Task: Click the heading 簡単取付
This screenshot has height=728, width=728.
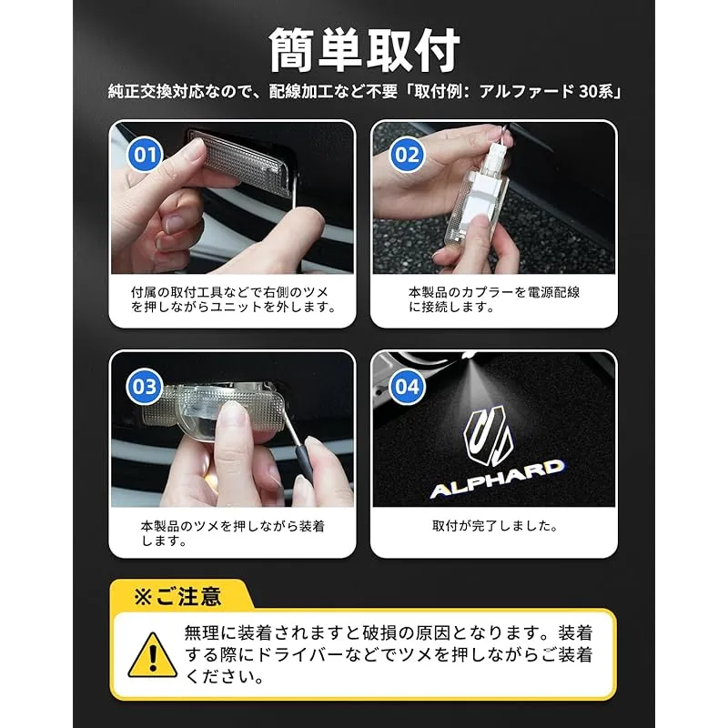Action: [365, 50]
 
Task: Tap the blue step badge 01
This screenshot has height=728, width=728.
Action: [146, 154]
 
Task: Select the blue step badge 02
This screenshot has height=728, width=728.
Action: [407, 154]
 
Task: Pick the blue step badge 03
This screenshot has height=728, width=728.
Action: [145, 386]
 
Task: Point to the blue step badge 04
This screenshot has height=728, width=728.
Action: [407, 386]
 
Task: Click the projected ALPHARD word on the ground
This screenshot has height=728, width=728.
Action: [497, 479]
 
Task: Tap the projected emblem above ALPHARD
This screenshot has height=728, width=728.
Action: [489, 436]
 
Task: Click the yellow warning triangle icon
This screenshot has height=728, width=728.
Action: [152, 655]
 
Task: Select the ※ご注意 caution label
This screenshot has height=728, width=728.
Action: [177, 596]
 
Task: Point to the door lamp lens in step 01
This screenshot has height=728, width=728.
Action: [242, 160]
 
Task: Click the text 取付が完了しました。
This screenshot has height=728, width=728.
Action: [495, 526]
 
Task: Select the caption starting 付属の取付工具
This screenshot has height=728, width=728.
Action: [233, 299]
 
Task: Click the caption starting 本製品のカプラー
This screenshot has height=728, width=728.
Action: [494, 299]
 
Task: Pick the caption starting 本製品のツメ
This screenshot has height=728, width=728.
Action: [233, 533]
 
